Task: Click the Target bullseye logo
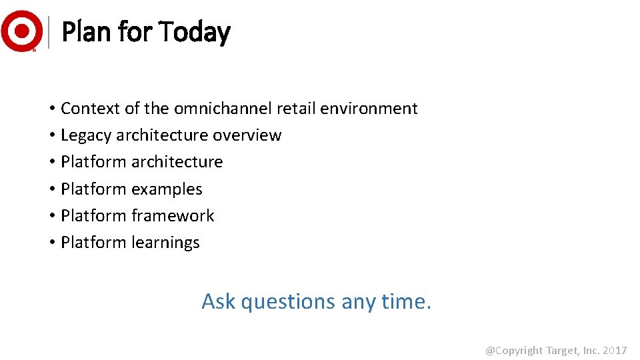point(21,31)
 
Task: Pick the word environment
point(369,108)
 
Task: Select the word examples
point(167,189)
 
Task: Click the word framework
point(173,216)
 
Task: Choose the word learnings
point(165,243)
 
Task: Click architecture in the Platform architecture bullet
point(177,162)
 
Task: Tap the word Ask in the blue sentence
point(219,301)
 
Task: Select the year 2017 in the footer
point(614,351)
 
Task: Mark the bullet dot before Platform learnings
point(51,243)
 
